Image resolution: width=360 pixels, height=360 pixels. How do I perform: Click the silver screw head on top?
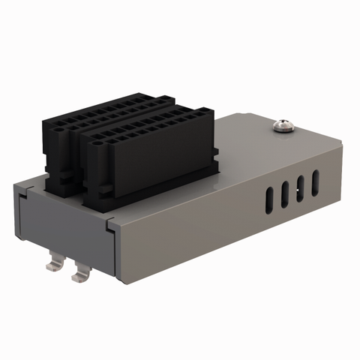click(x=284, y=124)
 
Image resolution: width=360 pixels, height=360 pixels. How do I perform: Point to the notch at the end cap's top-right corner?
click(x=110, y=223)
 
